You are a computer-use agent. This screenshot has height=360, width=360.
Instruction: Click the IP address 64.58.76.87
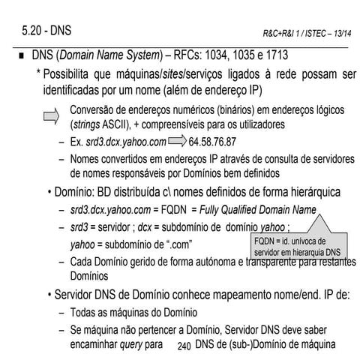pyautogui.click(x=214, y=142)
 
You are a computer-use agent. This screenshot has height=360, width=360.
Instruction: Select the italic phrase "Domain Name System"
pyautogui.click(x=118, y=56)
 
